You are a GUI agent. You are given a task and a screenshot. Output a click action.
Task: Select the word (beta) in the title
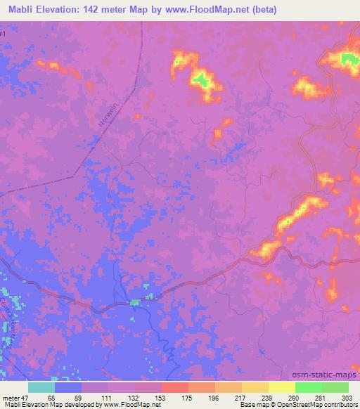262,10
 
